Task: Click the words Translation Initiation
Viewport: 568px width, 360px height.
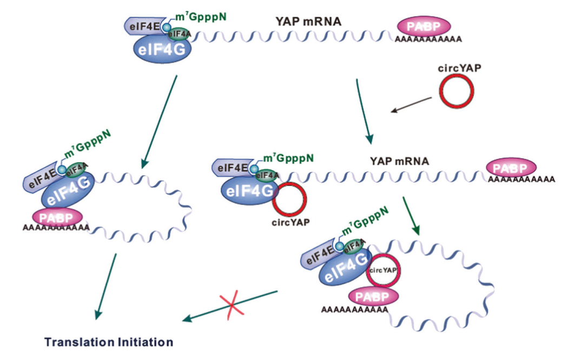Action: pyautogui.click(x=109, y=342)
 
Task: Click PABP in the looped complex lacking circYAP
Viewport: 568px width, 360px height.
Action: pyautogui.click(x=56, y=217)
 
